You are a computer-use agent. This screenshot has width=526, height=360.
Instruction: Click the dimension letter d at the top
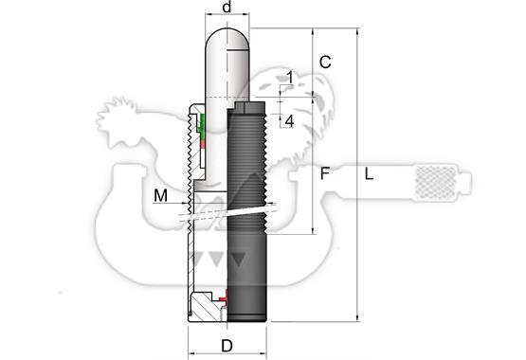pyautogui.click(x=227, y=7)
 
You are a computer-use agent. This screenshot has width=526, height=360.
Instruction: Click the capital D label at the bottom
pyautogui.click(x=227, y=346)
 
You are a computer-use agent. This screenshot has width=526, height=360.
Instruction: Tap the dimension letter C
pyautogui.click(x=325, y=63)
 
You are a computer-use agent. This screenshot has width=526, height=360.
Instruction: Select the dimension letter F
pyautogui.click(x=324, y=173)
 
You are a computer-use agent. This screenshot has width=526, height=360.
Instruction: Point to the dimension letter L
pyautogui.click(x=369, y=174)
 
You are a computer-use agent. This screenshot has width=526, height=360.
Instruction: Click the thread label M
pyautogui.click(x=161, y=195)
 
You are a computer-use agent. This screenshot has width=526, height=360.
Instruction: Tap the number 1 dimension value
pyautogui.click(x=290, y=78)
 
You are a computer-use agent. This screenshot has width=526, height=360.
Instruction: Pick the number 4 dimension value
pyautogui.click(x=289, y=121)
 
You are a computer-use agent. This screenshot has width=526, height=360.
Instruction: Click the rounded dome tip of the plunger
pyautogui.click(x=227, y=39)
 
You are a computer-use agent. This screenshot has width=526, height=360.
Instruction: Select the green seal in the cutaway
pyautogui.click(x=202, y=126)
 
